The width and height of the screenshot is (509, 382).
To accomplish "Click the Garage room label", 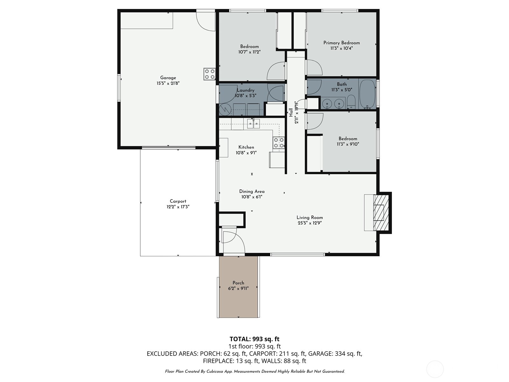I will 168,78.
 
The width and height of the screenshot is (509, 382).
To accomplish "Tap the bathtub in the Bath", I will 367,95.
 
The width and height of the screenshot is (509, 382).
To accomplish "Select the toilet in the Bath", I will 351,102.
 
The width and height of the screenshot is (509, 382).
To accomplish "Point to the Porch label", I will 238,283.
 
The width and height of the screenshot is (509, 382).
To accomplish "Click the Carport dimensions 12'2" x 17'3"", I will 178,207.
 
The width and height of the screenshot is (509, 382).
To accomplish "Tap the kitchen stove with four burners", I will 279,143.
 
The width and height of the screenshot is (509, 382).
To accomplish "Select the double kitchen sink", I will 254,124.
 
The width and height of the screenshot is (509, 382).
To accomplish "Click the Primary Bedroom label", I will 342,43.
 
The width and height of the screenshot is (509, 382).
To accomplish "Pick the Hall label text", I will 291,112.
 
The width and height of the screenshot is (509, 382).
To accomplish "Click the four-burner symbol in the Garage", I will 209,74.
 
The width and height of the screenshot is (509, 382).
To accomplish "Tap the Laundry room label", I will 246,90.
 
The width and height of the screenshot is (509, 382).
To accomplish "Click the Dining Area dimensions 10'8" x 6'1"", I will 252,197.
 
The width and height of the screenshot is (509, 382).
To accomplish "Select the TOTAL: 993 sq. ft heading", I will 254,339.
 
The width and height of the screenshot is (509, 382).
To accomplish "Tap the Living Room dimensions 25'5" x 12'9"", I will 310,223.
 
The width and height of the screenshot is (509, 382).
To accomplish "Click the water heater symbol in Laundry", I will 225,109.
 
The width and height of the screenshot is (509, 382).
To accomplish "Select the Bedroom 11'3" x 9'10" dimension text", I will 348,144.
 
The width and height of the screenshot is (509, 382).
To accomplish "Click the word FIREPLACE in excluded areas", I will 218,361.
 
